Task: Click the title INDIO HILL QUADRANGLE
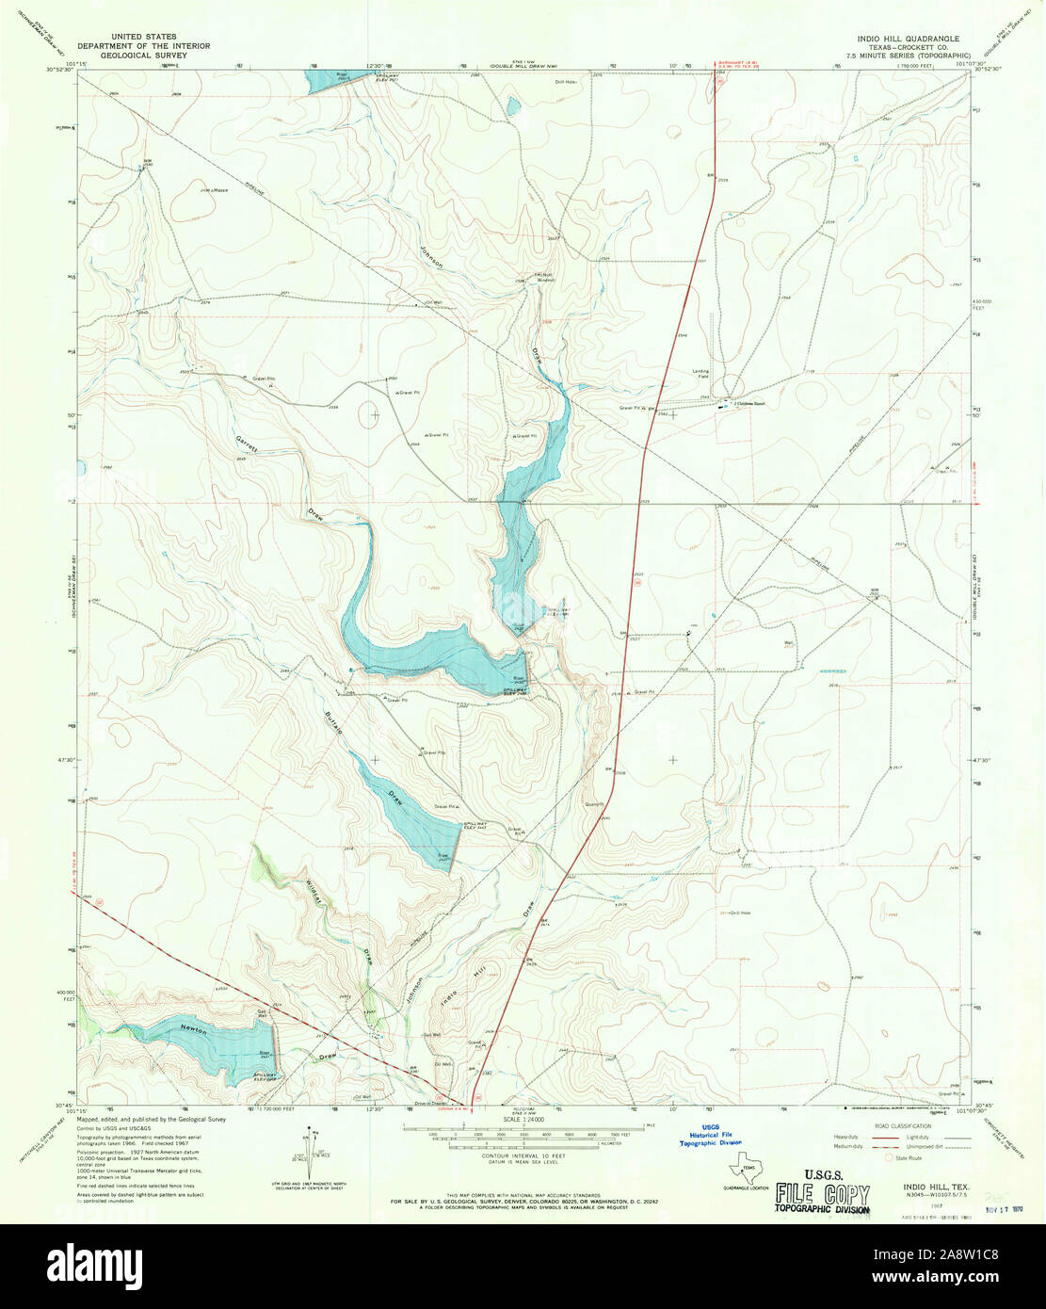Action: (x=908, y=39)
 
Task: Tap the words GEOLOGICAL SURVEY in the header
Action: (x=144, y=56)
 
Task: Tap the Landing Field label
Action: (x=701, y=373)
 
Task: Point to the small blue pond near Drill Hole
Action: (x=511, y=106)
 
